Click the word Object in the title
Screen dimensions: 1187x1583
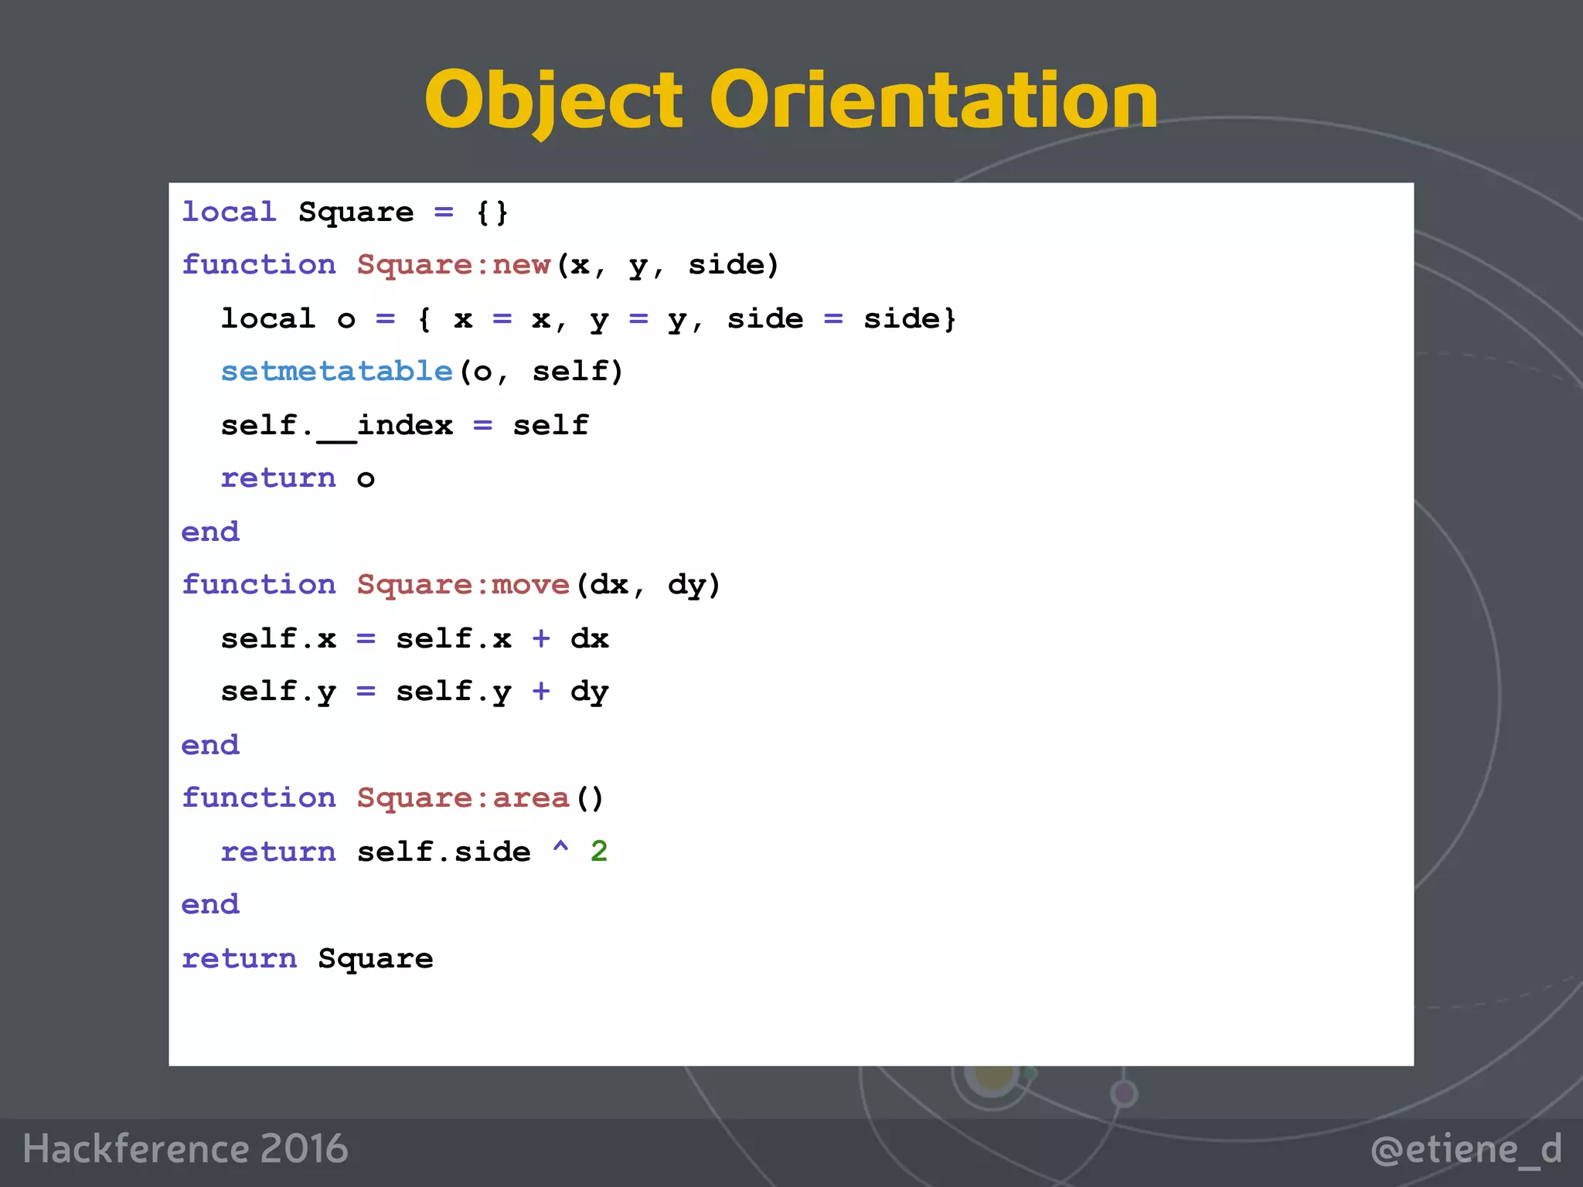click(x=553, y=100)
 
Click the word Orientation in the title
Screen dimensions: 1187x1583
click(x=934, y=100)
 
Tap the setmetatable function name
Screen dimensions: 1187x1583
click(x=336, y=372)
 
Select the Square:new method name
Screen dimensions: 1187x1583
click(x=454, y=265)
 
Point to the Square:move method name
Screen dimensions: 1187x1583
click(x=463, y=585)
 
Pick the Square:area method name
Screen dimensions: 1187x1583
click(x=463, y=798)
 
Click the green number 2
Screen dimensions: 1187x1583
click(x=599, y=852)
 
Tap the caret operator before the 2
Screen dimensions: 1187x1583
click(x=560, y=849)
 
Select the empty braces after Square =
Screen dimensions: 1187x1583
click(x=492, y=213)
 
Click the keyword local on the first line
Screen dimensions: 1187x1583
click(x=229, y=213)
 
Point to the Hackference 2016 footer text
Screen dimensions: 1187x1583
click(x=186, y=1149)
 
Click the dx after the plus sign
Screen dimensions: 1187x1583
click(x=590, y=639)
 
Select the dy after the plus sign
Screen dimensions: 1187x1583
click(x=590, y=692)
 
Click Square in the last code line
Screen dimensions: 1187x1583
click(x=376, y=959)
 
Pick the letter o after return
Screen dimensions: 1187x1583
click(x=366, y=479)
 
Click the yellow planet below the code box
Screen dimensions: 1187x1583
click(x=994, y=1076)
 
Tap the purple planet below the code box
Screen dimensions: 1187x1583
click(x=1124, y=1093)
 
